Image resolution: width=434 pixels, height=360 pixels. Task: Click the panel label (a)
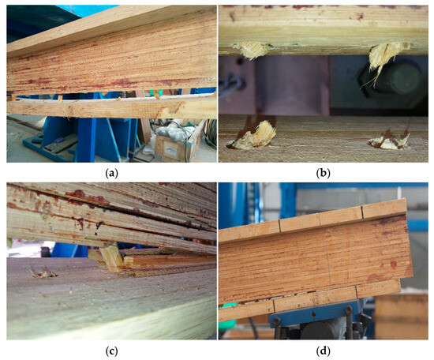(112, 174)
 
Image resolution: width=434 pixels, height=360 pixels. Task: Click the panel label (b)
(323, 174)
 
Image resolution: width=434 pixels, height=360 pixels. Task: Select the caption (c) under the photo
(112, 351)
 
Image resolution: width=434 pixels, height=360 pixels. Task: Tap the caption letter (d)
(323, 351)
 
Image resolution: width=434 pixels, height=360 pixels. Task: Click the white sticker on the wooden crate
(170, 151)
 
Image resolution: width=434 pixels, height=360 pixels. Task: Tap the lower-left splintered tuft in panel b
(253, 137)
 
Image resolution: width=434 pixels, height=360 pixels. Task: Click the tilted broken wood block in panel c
(112, 256)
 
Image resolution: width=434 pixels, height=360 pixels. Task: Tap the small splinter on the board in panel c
(43, 274)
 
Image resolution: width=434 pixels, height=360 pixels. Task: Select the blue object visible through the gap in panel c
(69, 249)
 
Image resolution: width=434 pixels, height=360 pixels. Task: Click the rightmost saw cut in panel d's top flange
(362, 212)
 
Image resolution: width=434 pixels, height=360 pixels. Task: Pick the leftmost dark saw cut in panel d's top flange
(280, 226)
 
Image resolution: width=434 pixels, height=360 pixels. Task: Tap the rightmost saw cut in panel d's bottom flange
(357, 291)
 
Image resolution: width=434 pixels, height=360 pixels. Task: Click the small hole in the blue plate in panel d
(313, 314)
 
